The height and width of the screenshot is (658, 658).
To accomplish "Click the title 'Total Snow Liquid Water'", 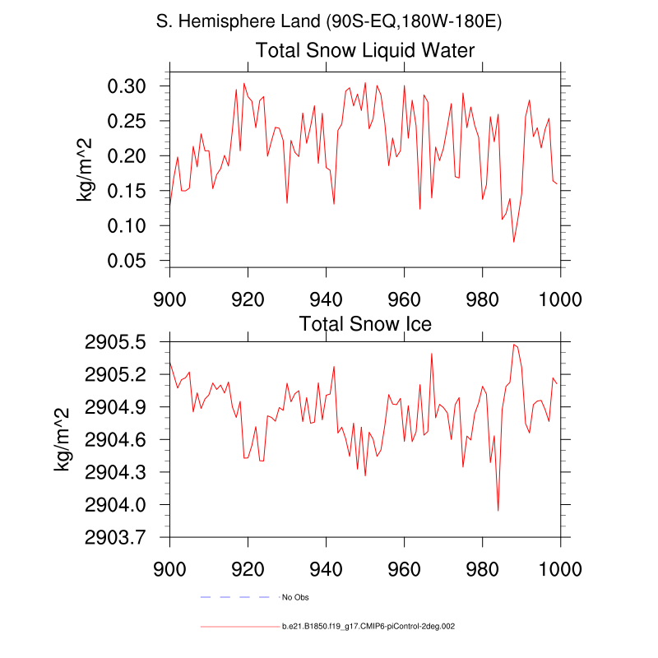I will pos(365,51).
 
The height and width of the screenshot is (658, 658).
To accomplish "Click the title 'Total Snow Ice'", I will pos(365,323).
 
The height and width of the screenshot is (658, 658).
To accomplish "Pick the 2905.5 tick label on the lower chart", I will pos(114,342).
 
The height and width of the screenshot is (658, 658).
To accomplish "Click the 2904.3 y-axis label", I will pos(114,473).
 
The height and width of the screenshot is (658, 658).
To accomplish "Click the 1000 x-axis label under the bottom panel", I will pos(560,568).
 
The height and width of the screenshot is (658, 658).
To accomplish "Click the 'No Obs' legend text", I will pos(295,596).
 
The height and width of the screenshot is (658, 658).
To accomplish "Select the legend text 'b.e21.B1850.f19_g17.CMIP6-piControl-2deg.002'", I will pos(368,627).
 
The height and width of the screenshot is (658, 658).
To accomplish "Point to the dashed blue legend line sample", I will pos(236,596).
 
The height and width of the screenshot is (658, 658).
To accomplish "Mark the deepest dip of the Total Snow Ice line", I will pos(498,511).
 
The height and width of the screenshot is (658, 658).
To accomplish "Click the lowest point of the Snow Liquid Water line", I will pos(514,242).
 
